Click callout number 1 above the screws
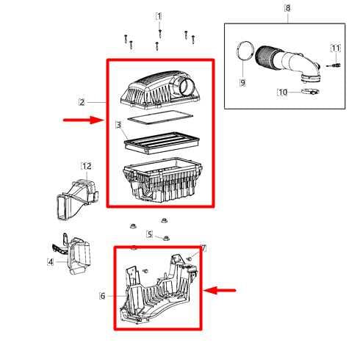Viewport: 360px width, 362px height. [159, 16]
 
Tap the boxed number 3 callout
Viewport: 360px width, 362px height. [118, 126]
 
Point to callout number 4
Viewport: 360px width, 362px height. [51, 261]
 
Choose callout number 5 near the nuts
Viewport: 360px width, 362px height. [149, 235]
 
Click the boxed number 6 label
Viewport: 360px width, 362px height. [102, 296]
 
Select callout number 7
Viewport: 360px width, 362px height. [204, 250]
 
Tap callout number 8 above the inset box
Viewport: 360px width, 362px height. [287, 9]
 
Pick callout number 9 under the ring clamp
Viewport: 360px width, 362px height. [242, 83]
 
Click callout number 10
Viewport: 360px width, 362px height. [282, 93]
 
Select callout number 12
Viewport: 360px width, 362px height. [86, 167]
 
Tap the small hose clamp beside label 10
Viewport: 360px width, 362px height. [308, 93]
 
